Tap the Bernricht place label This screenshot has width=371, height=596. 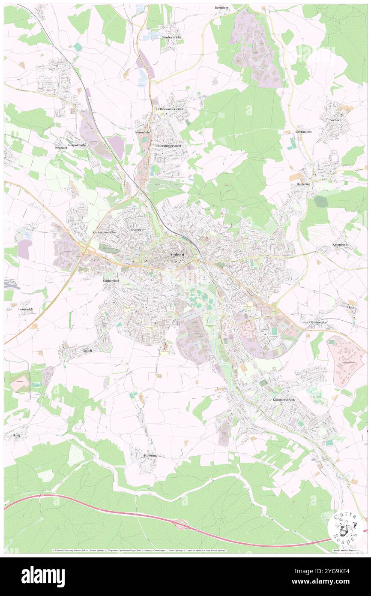pos(221,8)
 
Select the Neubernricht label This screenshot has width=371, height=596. pos(171,38)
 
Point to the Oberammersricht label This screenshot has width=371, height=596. pos(171,109)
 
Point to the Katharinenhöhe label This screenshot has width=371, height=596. pos(105,232)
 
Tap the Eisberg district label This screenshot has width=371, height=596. pos(136,230)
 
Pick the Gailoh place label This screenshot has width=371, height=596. pos(87,350)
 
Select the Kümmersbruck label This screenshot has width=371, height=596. pos(283,399)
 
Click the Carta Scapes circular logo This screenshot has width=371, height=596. pos(345,527)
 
